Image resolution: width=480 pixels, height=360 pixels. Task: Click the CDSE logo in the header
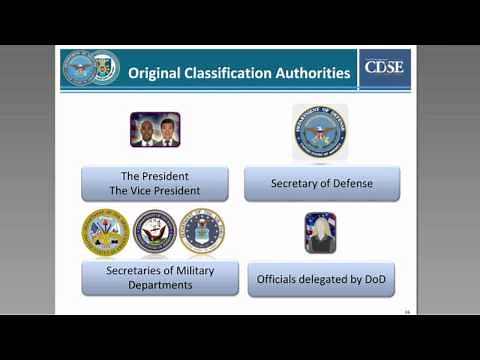click(x=384, y=69)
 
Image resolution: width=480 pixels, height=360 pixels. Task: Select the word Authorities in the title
click(x=314, y=73)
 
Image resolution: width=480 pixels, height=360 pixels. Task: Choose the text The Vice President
click(x=160, y=191)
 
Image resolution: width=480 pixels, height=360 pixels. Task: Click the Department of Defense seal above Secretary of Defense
click(x=321, y=131)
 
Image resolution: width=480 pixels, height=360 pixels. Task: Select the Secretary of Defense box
click(x=322, y=183)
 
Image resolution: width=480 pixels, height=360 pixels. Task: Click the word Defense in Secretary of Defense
click(x=352, y=184)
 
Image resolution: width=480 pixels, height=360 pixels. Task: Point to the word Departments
click(x=160, y=285)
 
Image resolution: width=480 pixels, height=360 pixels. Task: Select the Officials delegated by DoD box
click(x=321, y=279)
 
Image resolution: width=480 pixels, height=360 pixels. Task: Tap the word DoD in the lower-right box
click(x=371, y=279)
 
